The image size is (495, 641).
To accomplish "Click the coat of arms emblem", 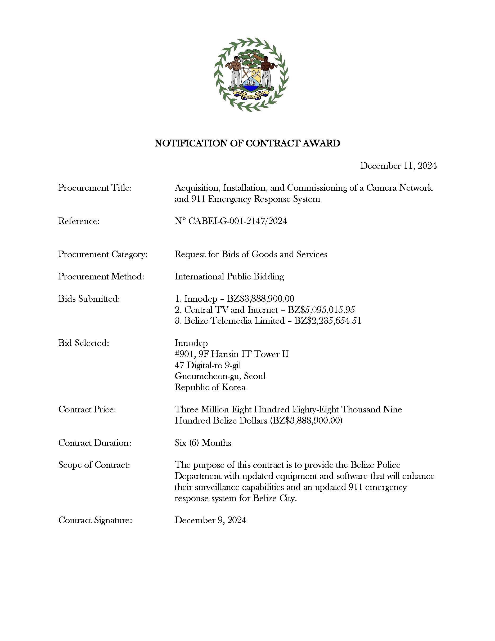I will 251,74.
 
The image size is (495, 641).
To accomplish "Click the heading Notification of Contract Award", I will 247,143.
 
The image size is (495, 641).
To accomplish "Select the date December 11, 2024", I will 398,166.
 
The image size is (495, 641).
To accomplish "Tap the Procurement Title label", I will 95,188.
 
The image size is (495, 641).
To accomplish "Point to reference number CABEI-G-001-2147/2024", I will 237,221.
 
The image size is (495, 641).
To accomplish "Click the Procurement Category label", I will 103,254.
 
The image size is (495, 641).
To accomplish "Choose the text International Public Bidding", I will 229,277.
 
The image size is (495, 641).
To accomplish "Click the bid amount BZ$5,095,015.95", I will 321,310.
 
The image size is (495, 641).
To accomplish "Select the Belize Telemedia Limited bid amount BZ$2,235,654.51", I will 327,321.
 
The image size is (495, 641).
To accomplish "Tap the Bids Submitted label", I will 89,299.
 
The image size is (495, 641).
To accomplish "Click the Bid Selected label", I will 84,343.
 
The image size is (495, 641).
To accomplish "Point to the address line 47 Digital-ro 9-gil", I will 208,365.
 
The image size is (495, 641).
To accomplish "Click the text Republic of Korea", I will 210,388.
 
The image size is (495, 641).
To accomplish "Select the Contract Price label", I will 87,409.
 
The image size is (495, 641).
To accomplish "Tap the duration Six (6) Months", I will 203,443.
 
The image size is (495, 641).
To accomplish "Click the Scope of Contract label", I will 94,465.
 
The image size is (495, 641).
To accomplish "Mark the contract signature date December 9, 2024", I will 210,520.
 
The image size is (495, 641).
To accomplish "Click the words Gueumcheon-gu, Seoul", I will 220,376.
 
